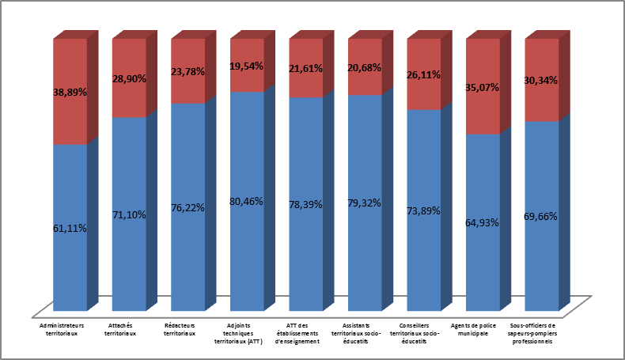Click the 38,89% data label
[x=70, y=92]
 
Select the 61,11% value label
[x=70, y=228]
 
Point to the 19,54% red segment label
[x=247, y=67]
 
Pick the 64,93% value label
[x=483, y=222]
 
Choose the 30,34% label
[x=542, y=80]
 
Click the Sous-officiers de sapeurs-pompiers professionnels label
[x=534, y=333]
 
